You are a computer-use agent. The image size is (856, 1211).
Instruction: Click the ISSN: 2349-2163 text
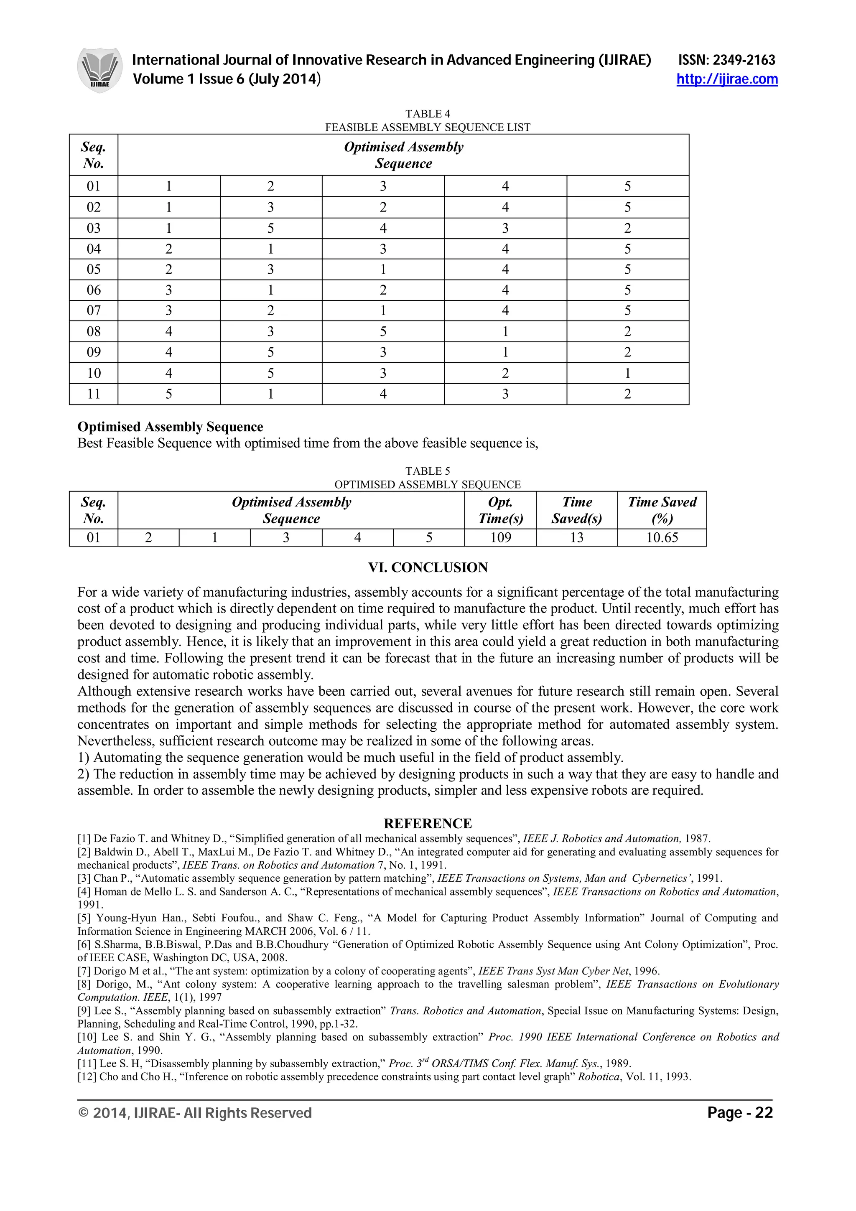[x=726, y=60]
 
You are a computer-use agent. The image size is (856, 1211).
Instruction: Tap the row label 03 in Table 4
[x=93, y=229]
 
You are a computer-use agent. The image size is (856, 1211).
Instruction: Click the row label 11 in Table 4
[x=93, y=394]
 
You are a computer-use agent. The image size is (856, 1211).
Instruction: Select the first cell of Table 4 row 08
[x=168, y=332]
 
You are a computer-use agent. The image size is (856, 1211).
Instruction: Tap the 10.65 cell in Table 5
[x=662, y=537]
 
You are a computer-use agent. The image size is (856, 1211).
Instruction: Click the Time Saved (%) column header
[x=662, y=510]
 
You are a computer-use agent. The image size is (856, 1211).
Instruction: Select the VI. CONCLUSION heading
[x=428, y=567]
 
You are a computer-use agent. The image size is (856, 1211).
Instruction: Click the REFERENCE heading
[x=428, y=823]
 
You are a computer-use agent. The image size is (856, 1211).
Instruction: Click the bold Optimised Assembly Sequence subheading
[x=171, y=427]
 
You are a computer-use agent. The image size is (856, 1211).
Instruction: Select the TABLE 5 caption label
[x=427, y=471]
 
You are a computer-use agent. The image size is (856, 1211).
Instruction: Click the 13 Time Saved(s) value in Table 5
[x=576, y=537]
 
